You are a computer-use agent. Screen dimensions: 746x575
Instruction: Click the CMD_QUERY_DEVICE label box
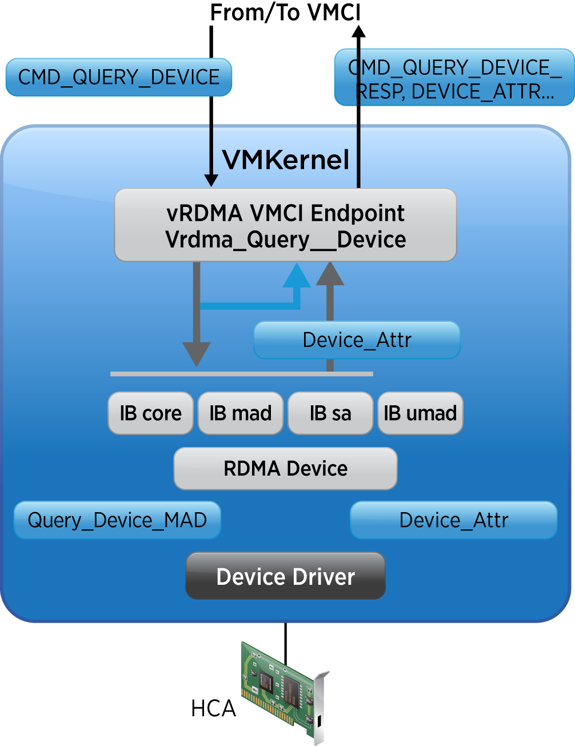click(118, 77)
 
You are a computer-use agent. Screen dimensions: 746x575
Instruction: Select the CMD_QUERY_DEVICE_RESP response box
click(454, 78)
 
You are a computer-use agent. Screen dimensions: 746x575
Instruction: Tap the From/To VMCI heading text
click(285, 13)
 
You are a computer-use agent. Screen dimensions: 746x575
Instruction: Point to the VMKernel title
click(285, 160)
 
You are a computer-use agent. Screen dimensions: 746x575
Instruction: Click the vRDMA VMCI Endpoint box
click(285, 225)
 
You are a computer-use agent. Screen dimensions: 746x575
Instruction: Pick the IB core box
click(150, 413)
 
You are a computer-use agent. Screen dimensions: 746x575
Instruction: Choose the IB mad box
click(240, 413)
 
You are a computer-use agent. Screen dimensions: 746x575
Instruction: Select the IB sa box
click(330, 413)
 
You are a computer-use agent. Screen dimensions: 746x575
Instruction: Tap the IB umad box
click(420, 413)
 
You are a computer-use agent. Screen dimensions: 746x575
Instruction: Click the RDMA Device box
click(285, 469)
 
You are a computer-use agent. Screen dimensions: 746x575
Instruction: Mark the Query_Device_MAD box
click(117, 520)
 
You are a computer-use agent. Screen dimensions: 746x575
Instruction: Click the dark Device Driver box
click(285, 576)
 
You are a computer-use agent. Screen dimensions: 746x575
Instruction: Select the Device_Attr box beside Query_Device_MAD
click(453, 520)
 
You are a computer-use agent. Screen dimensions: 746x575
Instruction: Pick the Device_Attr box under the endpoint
click(357, 340)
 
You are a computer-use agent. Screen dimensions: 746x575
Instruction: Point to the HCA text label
click(213, 709)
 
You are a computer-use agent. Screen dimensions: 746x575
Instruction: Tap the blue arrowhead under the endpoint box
click(297, 276)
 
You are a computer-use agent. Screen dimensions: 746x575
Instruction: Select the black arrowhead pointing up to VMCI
click(358, 30)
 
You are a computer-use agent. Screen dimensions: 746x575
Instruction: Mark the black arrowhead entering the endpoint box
click(211, 179)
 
